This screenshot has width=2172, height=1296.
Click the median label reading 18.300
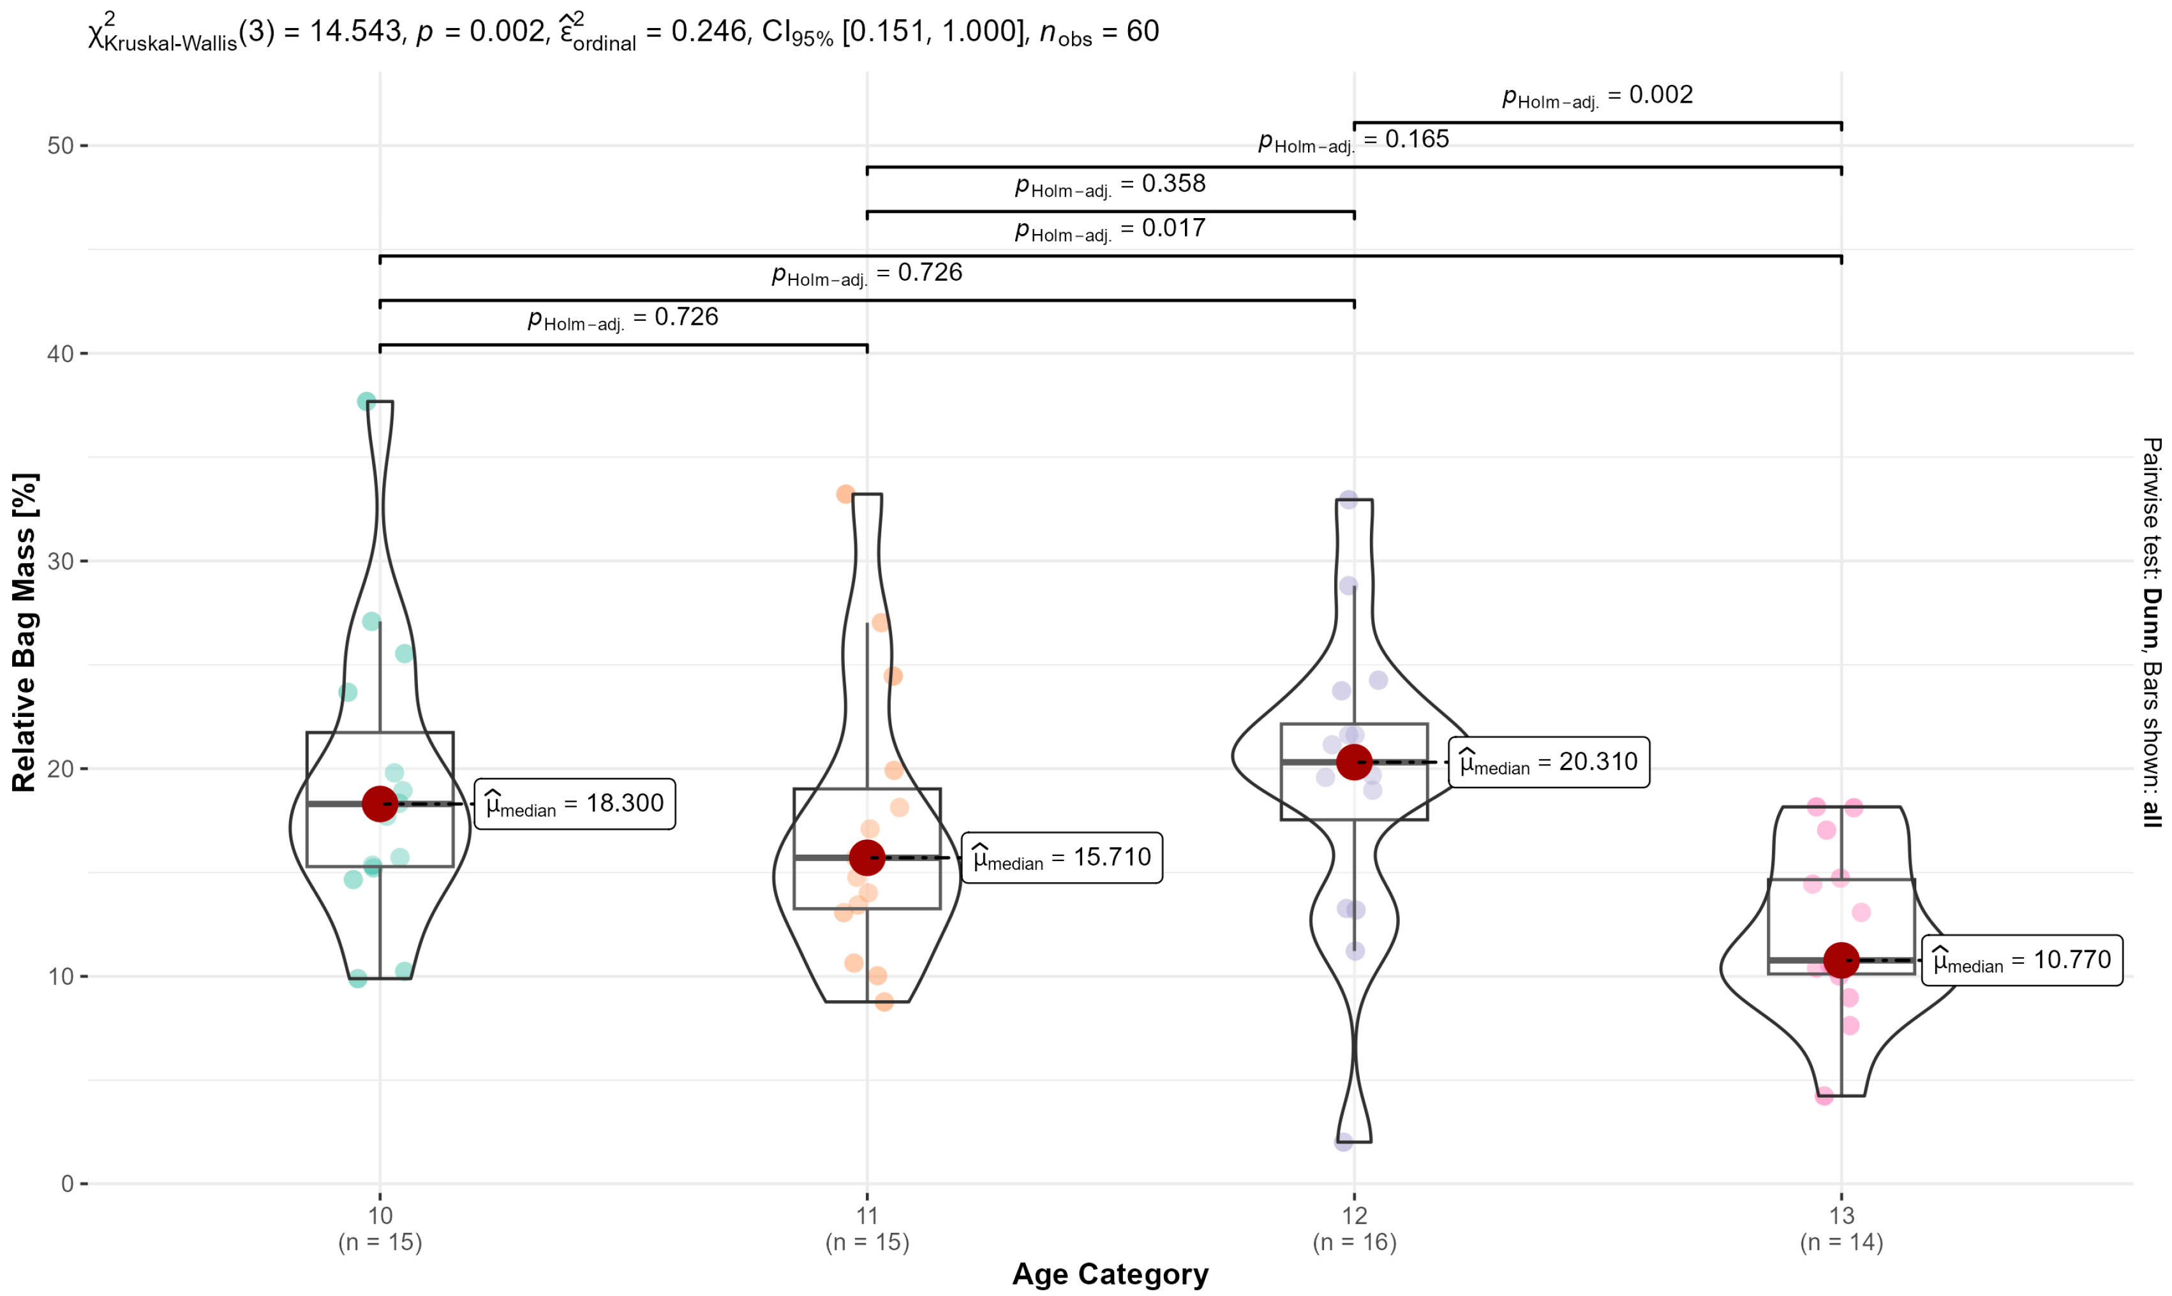coord(574,804)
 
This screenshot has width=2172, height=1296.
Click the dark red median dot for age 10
coord(380,804)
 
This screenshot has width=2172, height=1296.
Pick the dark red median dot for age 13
coord(1841,960)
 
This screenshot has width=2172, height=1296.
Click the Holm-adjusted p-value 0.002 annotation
coord(1597,95)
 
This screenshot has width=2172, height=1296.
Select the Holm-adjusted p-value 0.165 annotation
coord(1353,140)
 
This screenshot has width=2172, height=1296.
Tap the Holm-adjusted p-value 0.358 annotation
coord(1110,184)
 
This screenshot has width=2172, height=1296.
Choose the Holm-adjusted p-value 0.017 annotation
coord(1110,229)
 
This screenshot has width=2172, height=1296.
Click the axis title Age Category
coord(1110,1274)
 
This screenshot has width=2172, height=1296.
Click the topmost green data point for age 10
coord(366,402)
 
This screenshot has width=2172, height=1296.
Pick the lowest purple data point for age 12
coord(1344,1142)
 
